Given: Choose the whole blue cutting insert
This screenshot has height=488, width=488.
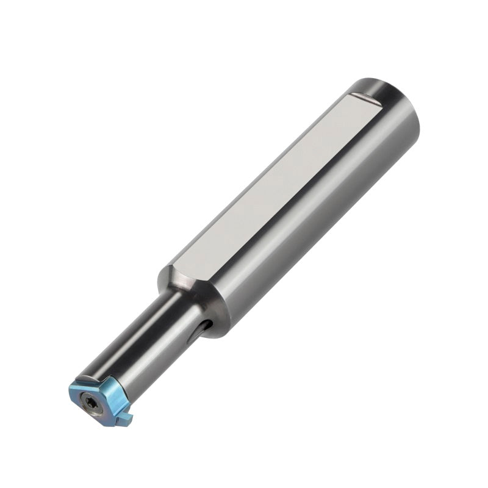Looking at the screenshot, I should click(x=101, y=396).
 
